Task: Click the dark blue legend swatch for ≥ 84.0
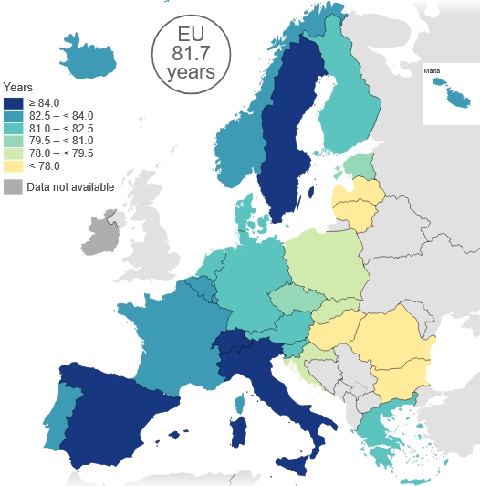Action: point(14,103)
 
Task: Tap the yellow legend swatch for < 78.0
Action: point(14,166)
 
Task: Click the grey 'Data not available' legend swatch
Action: point(14,186)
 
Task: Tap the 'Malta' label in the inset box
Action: point(433,70)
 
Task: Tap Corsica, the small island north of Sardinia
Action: point(242,403)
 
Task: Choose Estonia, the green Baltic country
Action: point(360,166)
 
